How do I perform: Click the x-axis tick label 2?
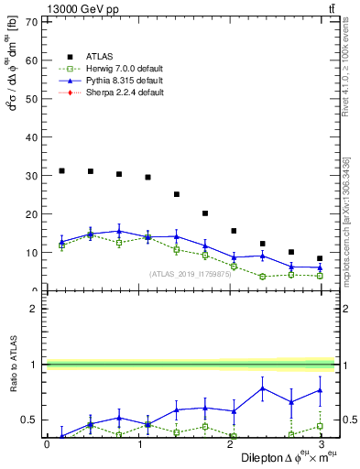(x=229, y=444)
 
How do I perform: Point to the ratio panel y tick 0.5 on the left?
(x=31, y=420)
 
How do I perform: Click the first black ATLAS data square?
(x=61, y=170)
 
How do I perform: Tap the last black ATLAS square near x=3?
(x=319, y=258)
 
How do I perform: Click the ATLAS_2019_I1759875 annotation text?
(x=189, y=275)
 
